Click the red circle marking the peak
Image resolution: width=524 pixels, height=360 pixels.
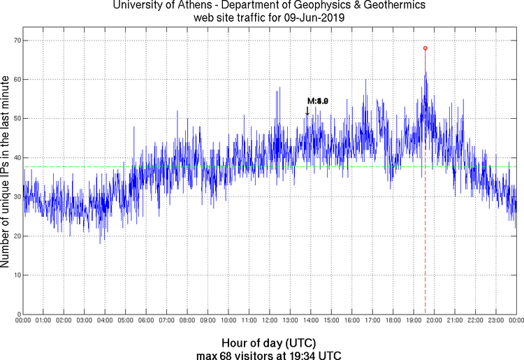point(425,48)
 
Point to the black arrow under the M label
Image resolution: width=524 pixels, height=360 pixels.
point(307,110)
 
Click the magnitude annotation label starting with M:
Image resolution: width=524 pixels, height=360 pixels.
point(318,101)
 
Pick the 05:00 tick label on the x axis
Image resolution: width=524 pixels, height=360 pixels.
point(126,321)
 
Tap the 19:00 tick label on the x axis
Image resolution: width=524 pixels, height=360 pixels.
point(414,321)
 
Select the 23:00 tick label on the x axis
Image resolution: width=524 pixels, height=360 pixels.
point(495,321)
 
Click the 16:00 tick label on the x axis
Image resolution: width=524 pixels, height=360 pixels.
point(352,321)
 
